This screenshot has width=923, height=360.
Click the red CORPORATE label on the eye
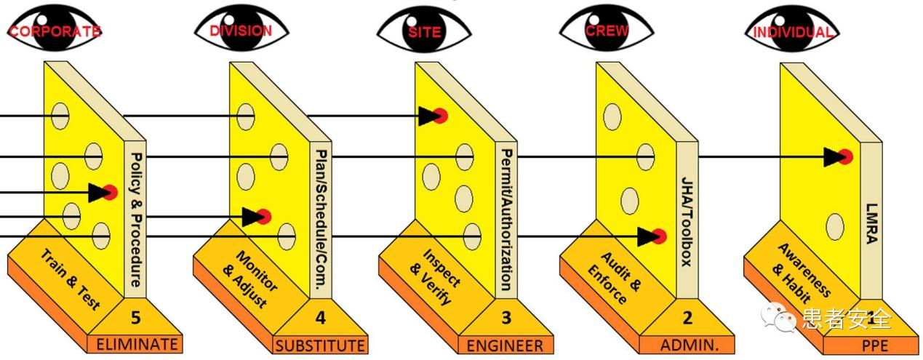tap(55, 31)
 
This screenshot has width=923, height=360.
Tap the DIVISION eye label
tap(241, 31)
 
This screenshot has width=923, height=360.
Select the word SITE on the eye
tap(425, 32)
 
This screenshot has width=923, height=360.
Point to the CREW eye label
tap(607, 31)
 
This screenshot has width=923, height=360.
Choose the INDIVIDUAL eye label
tap(794, 32)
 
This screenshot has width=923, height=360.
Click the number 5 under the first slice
tap(135, 318)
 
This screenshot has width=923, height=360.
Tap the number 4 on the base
tap(320, 318)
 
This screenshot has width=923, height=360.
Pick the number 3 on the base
tap(506, 318)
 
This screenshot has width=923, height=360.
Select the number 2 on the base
tap(687, 318)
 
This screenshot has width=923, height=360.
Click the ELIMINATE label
tap(137, 344)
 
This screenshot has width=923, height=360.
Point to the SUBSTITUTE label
tap(320, 345)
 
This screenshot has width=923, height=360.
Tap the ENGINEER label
tap(505, 345)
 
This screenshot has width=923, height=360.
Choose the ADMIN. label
tap(690, 345)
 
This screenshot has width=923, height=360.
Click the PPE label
tap(875, 345)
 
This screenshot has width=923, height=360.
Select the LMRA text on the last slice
tap(872, 224)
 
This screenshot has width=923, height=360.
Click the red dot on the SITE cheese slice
tap(440, 116)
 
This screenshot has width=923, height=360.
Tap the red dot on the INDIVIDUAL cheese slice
tap(845, 157)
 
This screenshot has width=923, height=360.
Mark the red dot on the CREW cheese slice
tap(659, 236)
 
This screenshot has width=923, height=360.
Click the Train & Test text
tap(70, 279)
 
